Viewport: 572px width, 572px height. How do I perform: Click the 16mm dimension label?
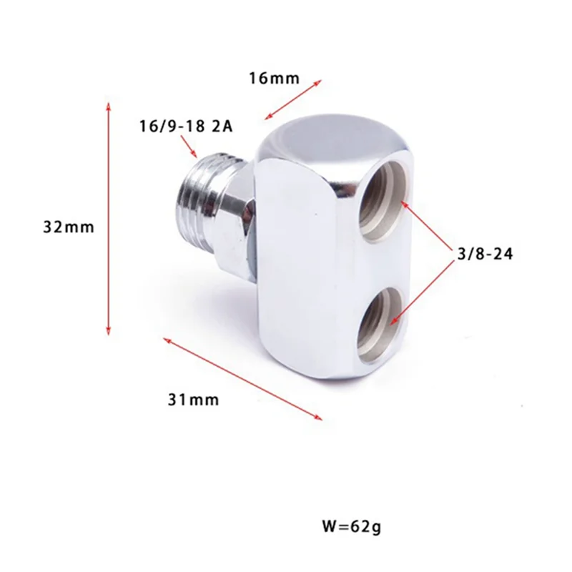pyautogui.click(x=273, y=78)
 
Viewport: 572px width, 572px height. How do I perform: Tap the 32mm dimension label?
pyautogui.click(x=69, y=227)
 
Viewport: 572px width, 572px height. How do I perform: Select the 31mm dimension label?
pyautogui.click(x=193, y=400)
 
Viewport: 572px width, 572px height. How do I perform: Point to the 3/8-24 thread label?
pyautogui.click(x=485, y=253)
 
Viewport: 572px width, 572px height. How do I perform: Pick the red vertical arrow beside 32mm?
pyautogui.click(x=109, y=218)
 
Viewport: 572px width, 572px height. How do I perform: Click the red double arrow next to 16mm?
pyautogui.click(x=292, y=98)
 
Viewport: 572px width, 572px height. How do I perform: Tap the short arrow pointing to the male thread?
pyautogui.click(x=190, y=147)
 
